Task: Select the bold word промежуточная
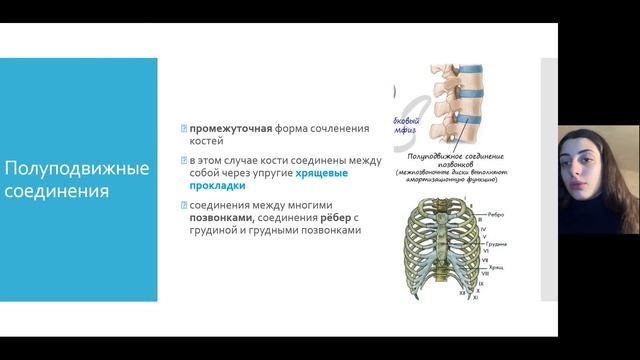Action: (232, 129)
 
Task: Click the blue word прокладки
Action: (217, 186)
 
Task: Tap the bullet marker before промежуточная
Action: (184, 129)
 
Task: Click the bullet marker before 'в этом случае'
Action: (184, 160)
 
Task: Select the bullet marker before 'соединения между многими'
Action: (184, 206)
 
